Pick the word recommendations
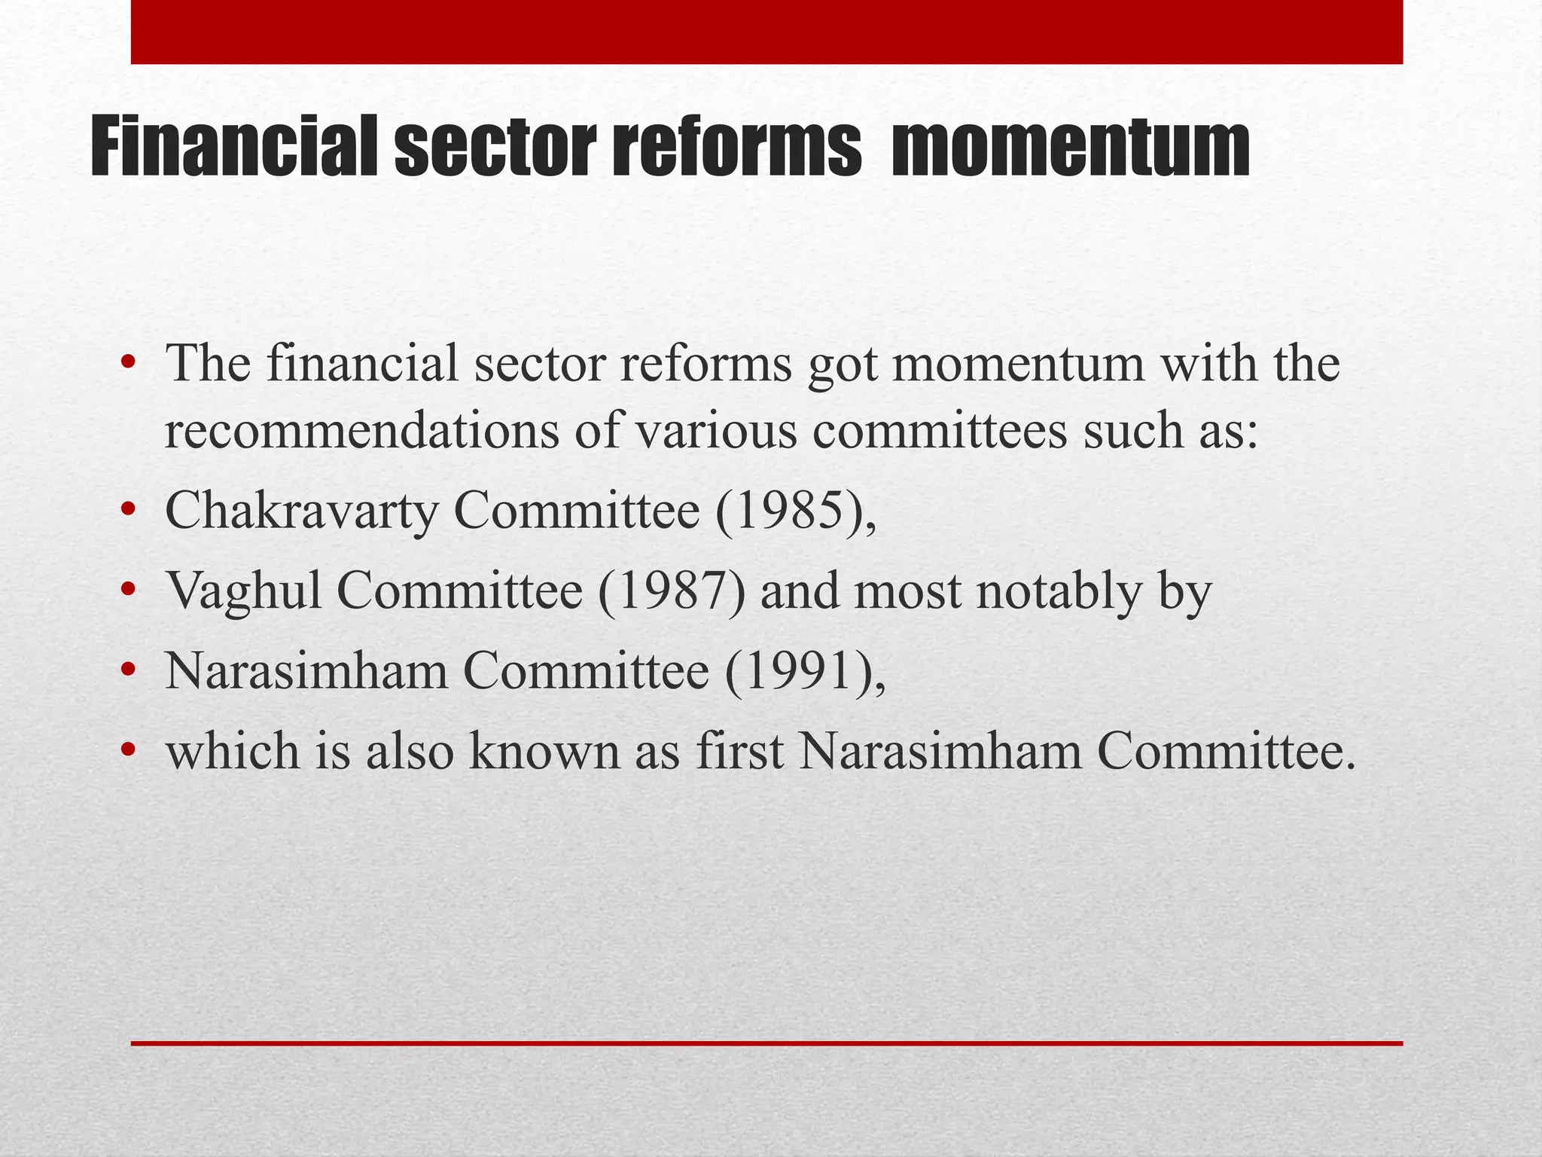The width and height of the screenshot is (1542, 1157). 362,432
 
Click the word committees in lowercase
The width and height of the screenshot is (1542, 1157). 940,432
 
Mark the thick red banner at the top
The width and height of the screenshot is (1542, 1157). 766,32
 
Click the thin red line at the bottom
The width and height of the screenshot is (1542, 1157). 766,1043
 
